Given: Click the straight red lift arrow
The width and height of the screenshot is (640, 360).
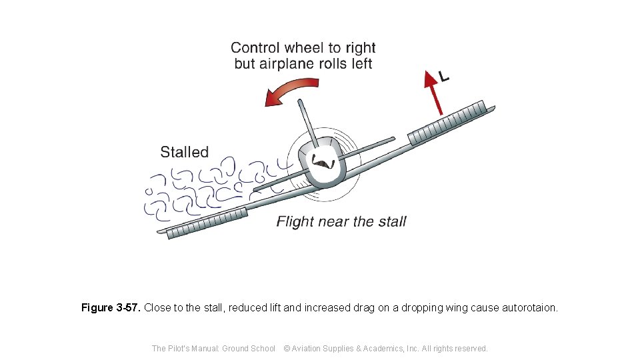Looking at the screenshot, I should [433, 93].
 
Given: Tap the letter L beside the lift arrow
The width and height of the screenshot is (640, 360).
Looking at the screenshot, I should [443, 77].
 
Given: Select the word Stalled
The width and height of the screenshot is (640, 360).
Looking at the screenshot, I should [184, 152].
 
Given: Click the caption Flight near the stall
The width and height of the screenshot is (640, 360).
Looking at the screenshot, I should [341, 221].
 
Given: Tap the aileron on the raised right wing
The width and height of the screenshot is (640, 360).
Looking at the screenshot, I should [446, 121].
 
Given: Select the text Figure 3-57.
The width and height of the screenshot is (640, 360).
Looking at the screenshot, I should [111, 308].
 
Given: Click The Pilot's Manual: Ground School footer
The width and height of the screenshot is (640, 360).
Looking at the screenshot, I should [213, 348].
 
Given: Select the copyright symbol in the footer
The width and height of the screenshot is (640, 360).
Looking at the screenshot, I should [287, 348].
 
